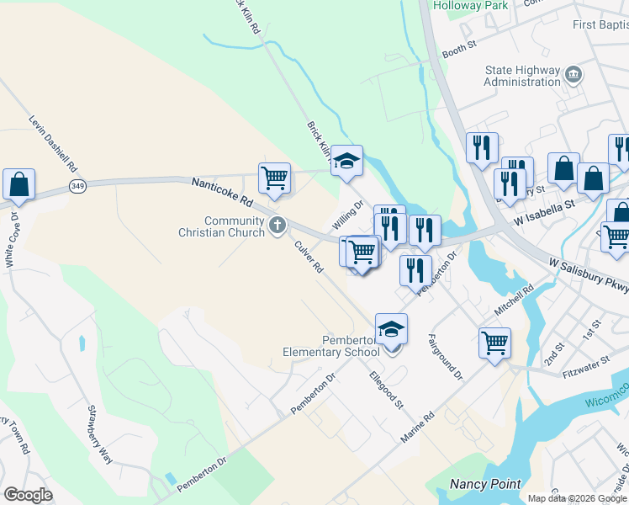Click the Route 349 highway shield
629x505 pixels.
(77, 185)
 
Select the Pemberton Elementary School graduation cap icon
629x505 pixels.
(391, 328)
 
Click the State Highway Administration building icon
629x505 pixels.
(573, 75)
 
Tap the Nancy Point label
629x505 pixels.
(485, 484)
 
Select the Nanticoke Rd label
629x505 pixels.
(222, 192)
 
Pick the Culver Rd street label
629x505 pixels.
(309, 256)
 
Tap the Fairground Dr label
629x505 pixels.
(445, 356)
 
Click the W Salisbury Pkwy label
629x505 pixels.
(589, 275)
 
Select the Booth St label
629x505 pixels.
(459, 50)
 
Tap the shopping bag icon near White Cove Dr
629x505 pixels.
(18, 185)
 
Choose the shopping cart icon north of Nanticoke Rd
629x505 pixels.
(274, 178)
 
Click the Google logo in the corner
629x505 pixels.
(28, 495)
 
